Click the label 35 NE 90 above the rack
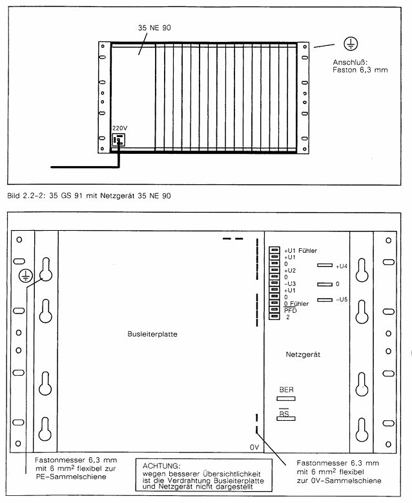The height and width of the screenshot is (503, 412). pos(154,28)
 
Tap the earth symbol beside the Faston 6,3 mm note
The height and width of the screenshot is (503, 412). pos(351,44)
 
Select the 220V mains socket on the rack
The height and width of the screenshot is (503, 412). pos(118,140)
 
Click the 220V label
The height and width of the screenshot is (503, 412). pos(120,128)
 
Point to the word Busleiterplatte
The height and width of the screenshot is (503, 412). pos(152,334)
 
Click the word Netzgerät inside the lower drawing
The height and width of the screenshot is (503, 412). pos(303,354)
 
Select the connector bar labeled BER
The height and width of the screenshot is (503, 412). pos(286,399)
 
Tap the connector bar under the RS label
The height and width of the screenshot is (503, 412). pos(286,418)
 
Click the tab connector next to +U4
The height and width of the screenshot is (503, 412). pos(325,265)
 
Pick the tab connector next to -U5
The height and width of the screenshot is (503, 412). pos(325,300)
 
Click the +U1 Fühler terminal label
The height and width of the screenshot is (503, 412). pos(300,251)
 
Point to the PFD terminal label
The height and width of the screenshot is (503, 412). pos(290,310)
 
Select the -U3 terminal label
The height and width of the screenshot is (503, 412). pos(290,284)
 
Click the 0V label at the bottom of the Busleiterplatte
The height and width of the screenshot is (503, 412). pos(254,447)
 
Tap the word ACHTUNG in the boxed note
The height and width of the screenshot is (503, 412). pos(161,466)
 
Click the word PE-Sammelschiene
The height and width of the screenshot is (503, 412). pos(71,476)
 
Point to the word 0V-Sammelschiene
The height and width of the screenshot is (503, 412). pos(346,480)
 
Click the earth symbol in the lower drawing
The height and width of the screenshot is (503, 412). pos(26,276)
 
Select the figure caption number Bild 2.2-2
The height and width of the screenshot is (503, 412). pos(26,196)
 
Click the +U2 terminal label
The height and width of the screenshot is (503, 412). pos(290,271)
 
